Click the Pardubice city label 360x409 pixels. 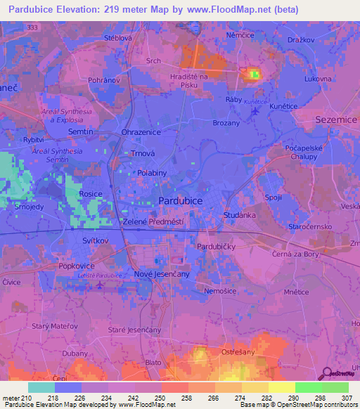point(181,200)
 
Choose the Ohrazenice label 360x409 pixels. point(141,131)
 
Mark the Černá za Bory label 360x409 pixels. point(297,252)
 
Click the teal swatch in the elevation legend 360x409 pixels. point(41,387)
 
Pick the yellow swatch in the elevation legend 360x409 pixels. point(282,387)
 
